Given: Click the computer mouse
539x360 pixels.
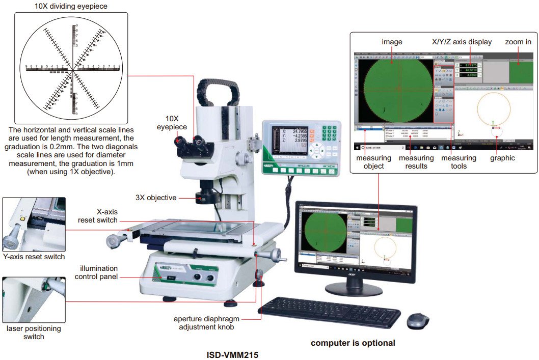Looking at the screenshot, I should (418, 321).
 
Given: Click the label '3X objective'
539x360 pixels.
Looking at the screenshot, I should (156, 197).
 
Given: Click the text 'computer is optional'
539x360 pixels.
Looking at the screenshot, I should (353, 343).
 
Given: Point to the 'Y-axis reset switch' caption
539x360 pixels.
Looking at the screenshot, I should (34, 257).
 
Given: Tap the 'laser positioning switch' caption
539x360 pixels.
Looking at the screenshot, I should (34, 333).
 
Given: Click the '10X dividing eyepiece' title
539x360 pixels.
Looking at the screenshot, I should (71, 7).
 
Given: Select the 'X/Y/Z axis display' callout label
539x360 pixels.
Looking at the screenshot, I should (461, 42).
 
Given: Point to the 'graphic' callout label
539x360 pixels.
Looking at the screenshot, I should (502, 158).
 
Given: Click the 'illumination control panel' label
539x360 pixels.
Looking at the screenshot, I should (96, 272).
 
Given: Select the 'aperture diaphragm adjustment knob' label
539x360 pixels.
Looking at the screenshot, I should (207, 323).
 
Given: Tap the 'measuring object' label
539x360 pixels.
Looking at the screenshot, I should (374, 162).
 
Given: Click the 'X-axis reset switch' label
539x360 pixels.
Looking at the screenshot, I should (97, 216).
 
